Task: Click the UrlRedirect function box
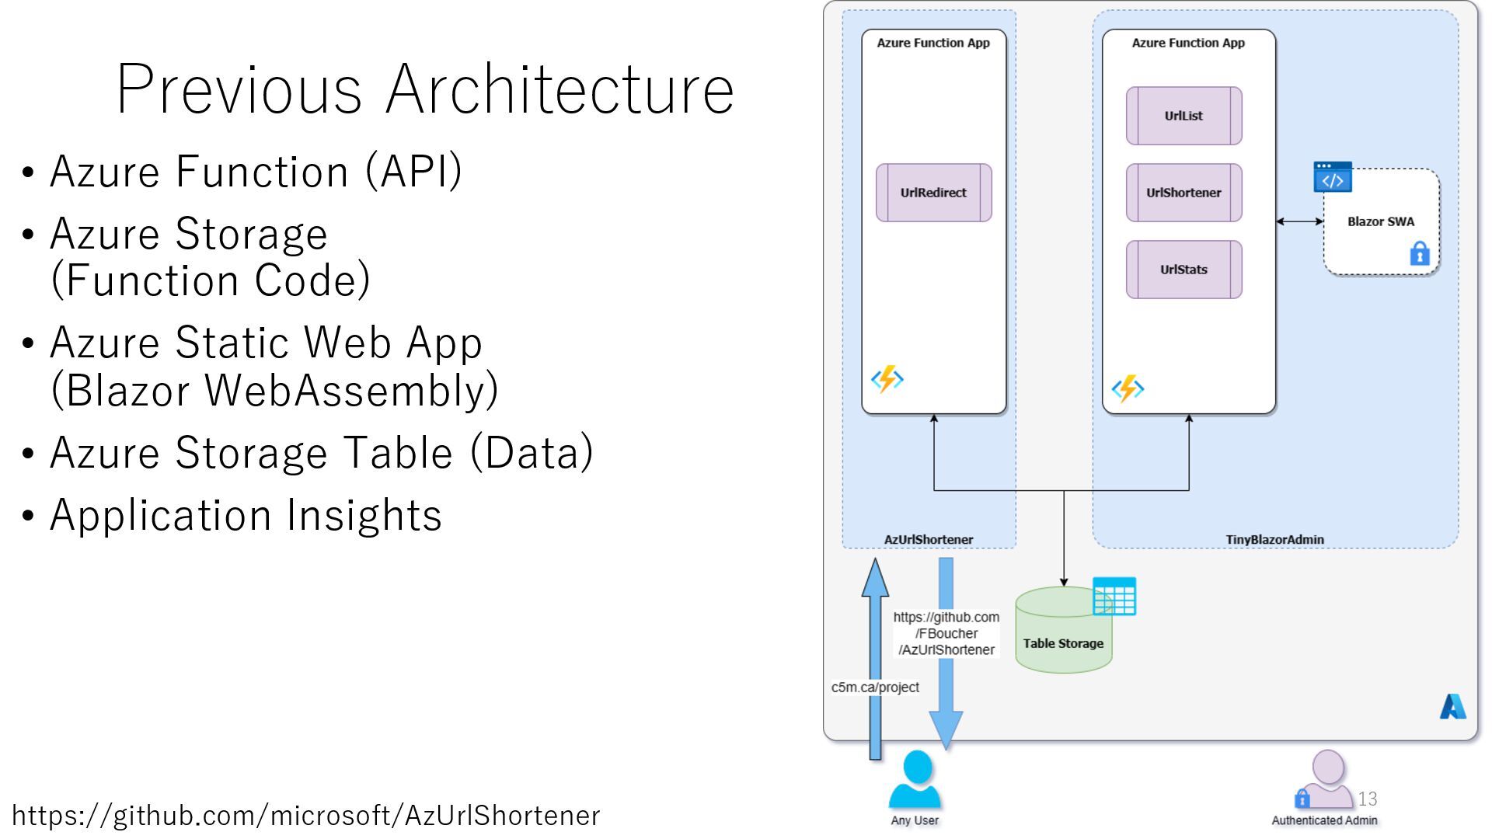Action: click(x=933, y=193)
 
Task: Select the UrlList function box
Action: click(x=1183, y=116)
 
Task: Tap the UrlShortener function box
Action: click(x=1183, y=193)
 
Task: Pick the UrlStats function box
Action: click(x=1183, y=270)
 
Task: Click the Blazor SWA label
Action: click(x=1381, y=221)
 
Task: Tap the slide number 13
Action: click(x=1368, y=799)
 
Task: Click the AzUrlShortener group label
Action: click(x=929, y=539)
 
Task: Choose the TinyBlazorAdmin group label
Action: click(x=1274, y=539)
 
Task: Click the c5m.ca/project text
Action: click(x=875, y=688)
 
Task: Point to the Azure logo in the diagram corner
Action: click(x=1452, y=706)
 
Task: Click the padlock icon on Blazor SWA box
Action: click(x=1420, y=253)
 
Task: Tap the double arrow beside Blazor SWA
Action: click(x=1299, y=221)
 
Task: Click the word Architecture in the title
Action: click(x=559, y=89)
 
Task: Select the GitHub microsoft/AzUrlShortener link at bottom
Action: click(x=306, y=816)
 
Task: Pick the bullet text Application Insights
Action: click(x=246, y=515)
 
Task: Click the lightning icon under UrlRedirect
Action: click(x=887, y=379)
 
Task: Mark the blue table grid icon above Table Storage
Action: click(x=1114, y=596)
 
